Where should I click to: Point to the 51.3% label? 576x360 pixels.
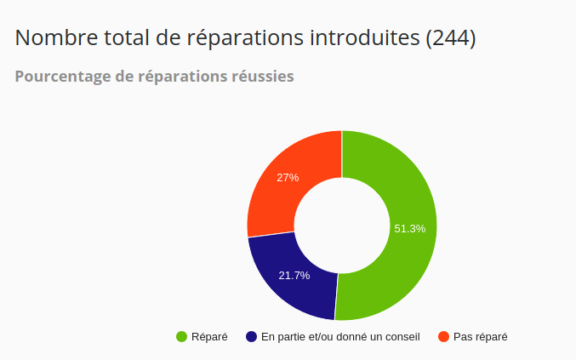click(410, 228)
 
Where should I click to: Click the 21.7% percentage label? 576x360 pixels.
click(294, 276)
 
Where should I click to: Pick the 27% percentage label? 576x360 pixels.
click(288, 178)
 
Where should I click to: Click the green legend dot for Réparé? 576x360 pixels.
click(181, 337)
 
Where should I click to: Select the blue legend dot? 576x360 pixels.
click(251, 337)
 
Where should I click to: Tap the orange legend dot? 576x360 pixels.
click(443, 337)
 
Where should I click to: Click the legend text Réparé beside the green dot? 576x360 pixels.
click(209, 337)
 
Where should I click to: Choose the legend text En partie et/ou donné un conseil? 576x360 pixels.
click(340, 337)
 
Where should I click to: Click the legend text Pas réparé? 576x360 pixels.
click(480, 337)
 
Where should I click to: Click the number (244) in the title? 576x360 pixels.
click(449, 38)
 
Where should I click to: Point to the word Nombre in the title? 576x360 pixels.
click(54, 38)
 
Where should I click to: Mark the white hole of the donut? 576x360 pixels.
click(342, 226)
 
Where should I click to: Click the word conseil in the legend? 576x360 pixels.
click(402, 337)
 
